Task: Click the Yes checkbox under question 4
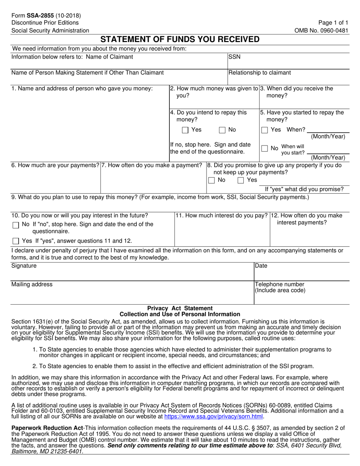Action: pos(185,130)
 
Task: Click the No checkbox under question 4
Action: pos(222,130)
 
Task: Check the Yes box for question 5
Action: pos(265,130)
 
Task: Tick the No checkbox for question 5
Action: pos(265,149)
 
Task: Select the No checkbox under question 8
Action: pos(211,180)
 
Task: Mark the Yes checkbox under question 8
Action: pos(241,180)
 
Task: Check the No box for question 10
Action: pos(16,225)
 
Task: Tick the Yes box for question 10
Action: pos(16,241)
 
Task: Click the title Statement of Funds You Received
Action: pos(180,39)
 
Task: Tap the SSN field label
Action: pos(234,57)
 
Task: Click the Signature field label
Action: pos(24,266)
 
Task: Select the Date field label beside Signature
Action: pos(261,266)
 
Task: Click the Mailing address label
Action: pos(32,285)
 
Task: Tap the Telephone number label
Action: pos(280,285)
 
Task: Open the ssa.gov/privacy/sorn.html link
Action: pos(213,416)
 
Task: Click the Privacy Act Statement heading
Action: pos(180,308)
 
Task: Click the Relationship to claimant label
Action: pos(260,73)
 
